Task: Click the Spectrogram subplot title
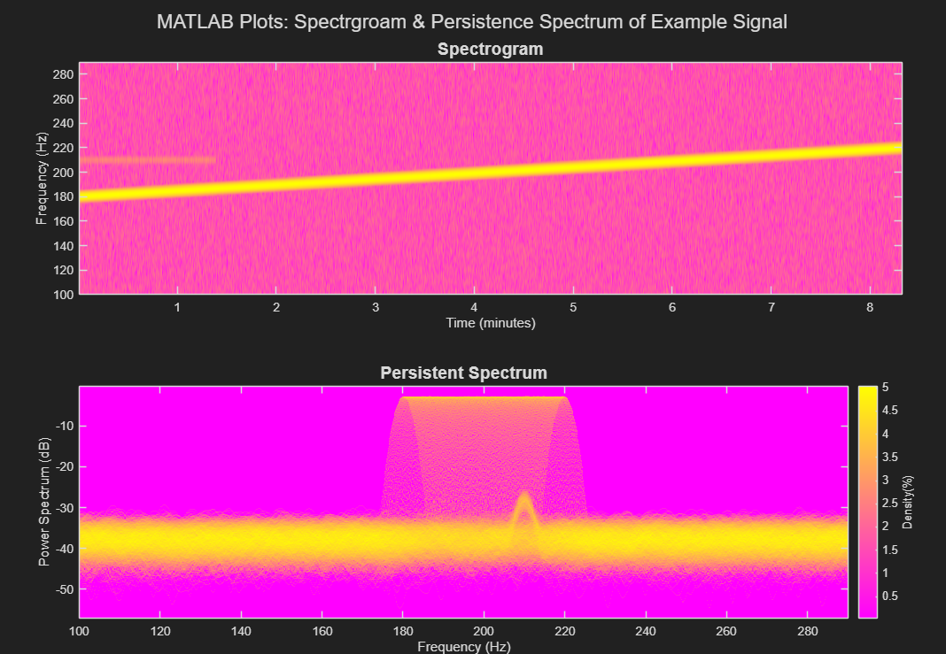[490, 50]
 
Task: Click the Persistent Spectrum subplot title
[463, 373]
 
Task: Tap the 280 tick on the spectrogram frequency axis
[61, 75]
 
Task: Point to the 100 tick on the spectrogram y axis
[61, 294]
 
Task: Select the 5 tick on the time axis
[573, 307]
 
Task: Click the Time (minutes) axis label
[490, 323]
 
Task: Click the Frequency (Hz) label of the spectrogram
[41, 178]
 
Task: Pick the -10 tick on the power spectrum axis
[64, 427]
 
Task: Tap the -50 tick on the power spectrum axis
[64, 589]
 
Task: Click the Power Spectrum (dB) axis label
[44, 502]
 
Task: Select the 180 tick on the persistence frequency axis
[403, 631]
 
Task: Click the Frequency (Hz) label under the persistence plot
[463, 647]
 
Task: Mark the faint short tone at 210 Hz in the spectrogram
[147, 160]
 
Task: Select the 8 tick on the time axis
[870, 307]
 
